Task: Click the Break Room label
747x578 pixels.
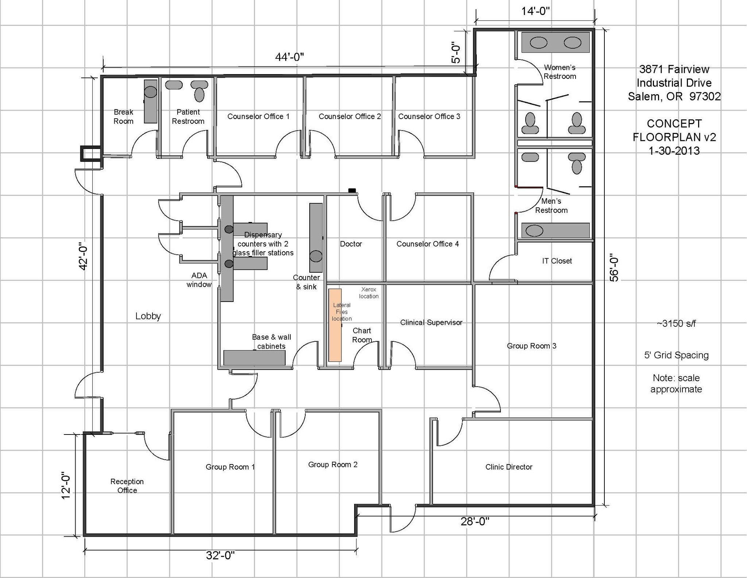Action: point(123,116)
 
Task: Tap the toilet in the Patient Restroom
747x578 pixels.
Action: point(199,91)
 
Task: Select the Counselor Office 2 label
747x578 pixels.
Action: point(349,116)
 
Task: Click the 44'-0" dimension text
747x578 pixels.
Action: point(289,57)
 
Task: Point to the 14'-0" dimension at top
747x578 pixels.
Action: point(535,11)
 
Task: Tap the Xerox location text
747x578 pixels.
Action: point(368,293)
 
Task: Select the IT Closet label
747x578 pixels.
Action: point(557,261)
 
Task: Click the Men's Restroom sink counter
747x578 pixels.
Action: point(555,231)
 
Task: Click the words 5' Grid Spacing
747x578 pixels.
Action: point(676,355)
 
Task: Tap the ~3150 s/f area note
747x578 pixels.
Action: point(676,324)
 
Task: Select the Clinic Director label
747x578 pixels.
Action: point(508,467)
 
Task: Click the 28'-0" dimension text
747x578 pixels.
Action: point(475,521)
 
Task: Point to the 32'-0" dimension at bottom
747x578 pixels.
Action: point(220,555)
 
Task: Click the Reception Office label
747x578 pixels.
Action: point(127,486)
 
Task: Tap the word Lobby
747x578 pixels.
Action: point(148,316)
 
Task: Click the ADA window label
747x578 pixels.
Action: point(199,280)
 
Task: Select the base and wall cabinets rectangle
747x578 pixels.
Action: point(254,358)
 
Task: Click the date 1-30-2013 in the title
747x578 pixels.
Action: point(674,151)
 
